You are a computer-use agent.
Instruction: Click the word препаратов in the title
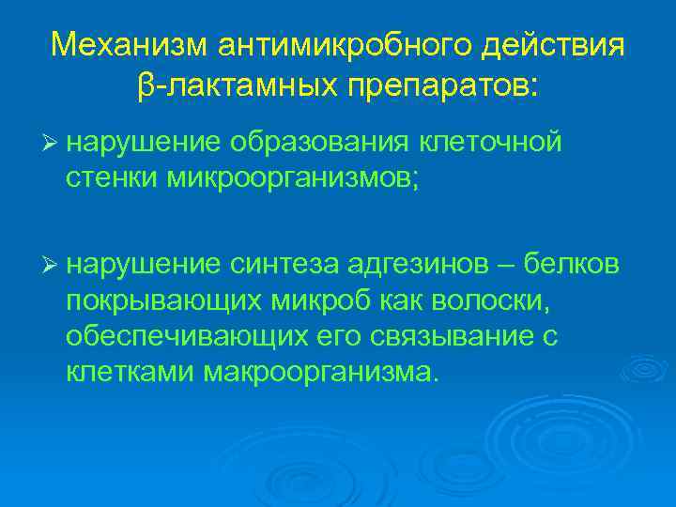point(445,86)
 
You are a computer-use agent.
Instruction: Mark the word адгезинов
point(420,267)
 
